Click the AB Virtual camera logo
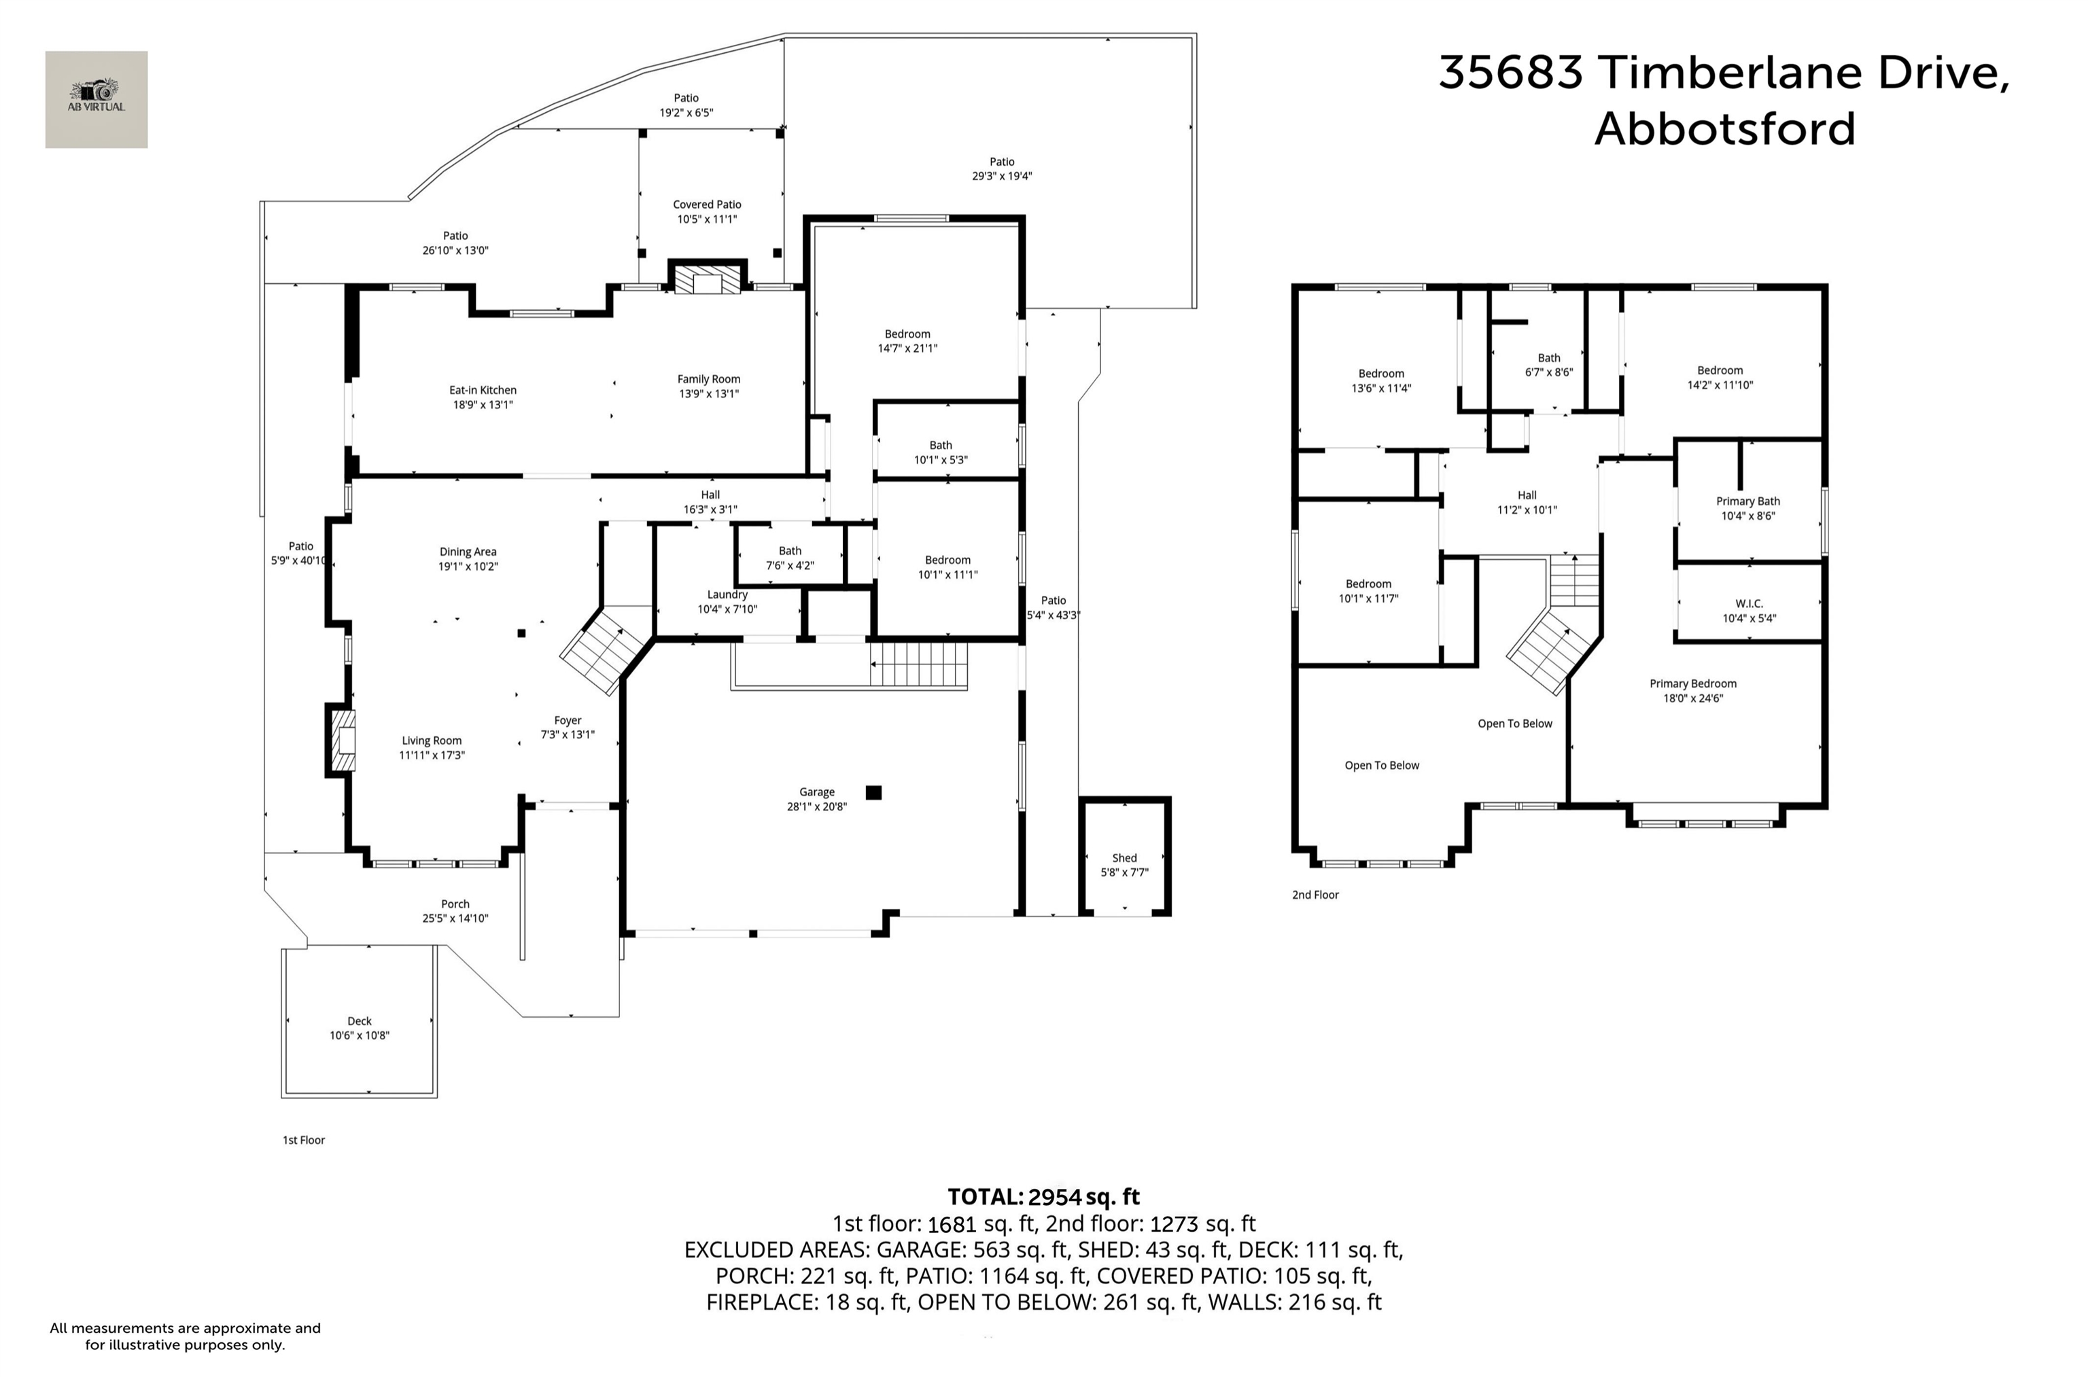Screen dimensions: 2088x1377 tap(97, 99)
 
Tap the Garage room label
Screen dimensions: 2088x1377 tap(817, 792)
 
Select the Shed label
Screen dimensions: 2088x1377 tap(1124, 858)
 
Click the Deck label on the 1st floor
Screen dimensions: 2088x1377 tap(360, 1021)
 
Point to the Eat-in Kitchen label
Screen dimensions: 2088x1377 tap(483, 390)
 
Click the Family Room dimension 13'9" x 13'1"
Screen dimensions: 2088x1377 tap(709, 393)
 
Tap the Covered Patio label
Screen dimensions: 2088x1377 tap(707, 204)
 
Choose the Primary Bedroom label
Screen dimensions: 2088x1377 tap(1692, 684)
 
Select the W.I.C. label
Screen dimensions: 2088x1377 tap(1749, 604)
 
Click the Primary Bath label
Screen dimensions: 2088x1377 tap(1748, 501)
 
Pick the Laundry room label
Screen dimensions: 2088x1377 tap(727, 594)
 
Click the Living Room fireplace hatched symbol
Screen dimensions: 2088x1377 tap(343, 741)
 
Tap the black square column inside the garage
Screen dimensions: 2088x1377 tap(873, 793)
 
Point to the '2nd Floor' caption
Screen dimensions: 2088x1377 tap(1315, 895)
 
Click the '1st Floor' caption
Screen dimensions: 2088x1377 tap(303, 1140)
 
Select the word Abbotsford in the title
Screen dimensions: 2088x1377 tap(1724, 129)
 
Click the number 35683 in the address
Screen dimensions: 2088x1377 tap(1511, 72)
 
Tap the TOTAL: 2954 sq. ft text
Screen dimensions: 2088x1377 tap(1043, 1197)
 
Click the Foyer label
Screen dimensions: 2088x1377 tap(568, 721)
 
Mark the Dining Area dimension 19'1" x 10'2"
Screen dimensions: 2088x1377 tap(468, 567)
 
